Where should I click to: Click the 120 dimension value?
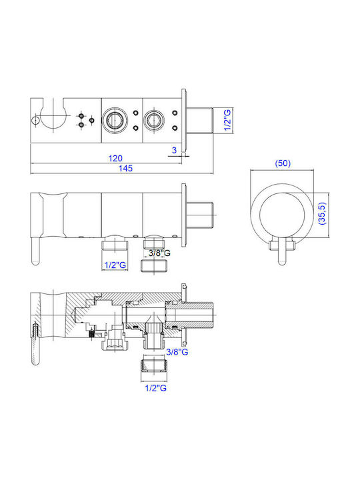click(x=115, y=158)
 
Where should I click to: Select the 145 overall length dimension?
click(x=125, y=168)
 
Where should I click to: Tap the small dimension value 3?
click(x=175, y=150)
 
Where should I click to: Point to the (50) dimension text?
click(x=283, y=163)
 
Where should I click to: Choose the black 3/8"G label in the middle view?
click(x=159, y=253)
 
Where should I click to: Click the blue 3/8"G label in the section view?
click(x=177, y=352)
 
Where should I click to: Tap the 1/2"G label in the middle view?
click(x=115, y=265)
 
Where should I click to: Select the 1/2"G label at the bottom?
click(x=156, y=388)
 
